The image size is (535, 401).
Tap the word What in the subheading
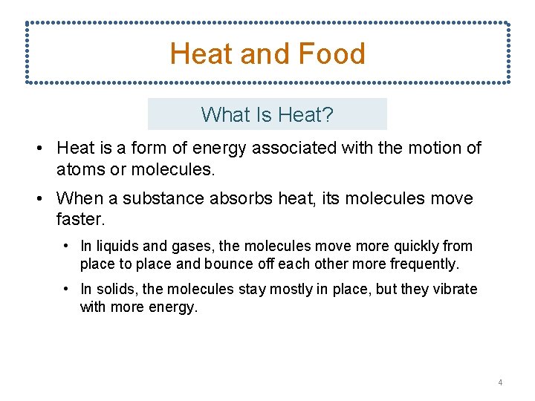click(x=221, y=115)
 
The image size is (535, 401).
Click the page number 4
click(x=500, y=382)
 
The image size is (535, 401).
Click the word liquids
click(x=114, y=246)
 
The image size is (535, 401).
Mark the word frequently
click(x=427, y=264)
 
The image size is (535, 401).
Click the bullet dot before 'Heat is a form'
click(x=38, y=149)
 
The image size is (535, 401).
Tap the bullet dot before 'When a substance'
click(x=38, y=199)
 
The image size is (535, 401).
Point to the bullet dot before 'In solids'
click(x=67, y=289)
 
